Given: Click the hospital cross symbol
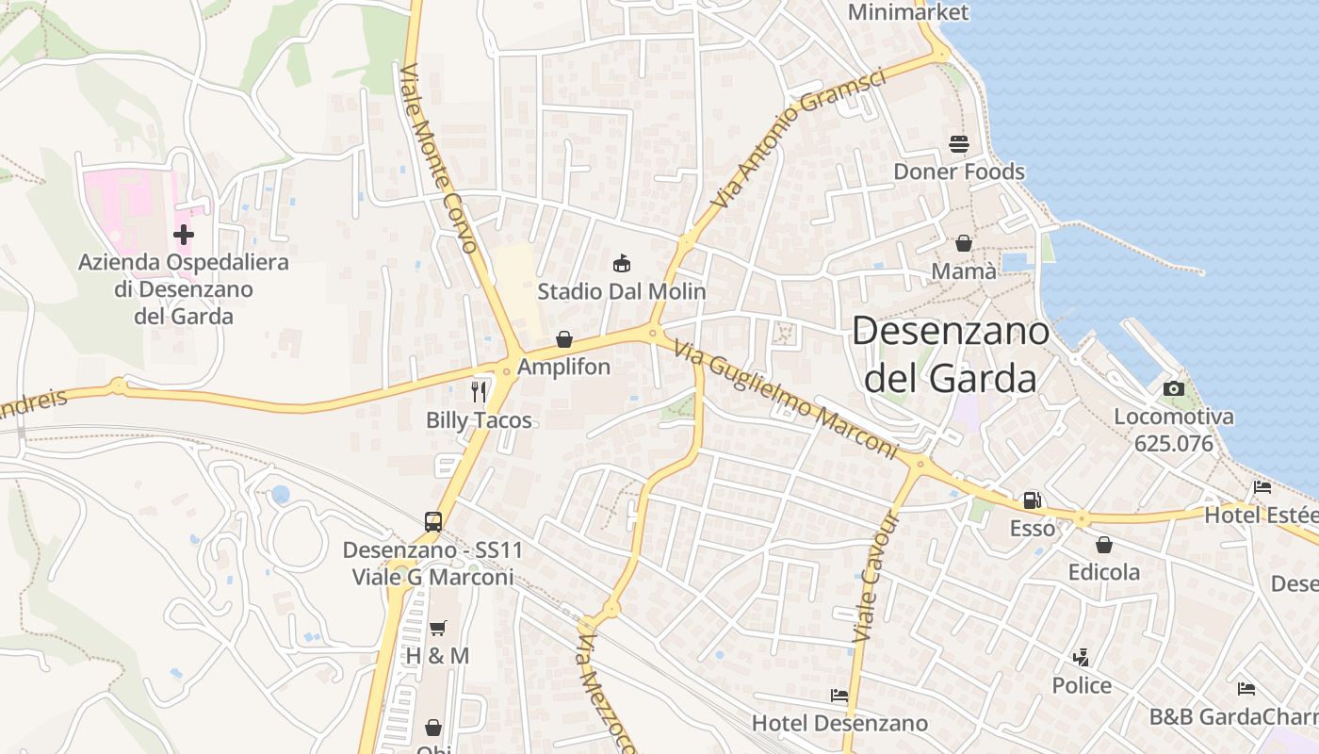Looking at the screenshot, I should point(184,234).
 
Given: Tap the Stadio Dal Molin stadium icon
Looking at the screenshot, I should point(621,263).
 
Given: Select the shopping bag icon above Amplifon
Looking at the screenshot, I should point(563,339).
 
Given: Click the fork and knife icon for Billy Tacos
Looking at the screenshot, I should point(479,391).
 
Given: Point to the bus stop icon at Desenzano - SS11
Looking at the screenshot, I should point(432,521).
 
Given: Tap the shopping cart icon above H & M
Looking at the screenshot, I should point(437,628).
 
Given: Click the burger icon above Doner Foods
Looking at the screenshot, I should point(959,144).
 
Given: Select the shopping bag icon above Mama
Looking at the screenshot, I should point(963,243).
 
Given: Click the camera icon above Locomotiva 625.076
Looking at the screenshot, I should point(1173,388).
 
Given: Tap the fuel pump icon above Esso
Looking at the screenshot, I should point(1033,500).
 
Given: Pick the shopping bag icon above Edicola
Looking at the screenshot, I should point(1103,545).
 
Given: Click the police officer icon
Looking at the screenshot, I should point(1081,657).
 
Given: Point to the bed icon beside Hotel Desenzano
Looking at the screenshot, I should point(839,696).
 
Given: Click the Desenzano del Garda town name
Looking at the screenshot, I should point(951,354).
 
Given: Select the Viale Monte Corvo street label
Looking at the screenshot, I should point(439,158).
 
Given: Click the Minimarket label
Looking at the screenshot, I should point(907,12).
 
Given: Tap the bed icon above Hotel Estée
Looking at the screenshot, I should point(1262,487).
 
